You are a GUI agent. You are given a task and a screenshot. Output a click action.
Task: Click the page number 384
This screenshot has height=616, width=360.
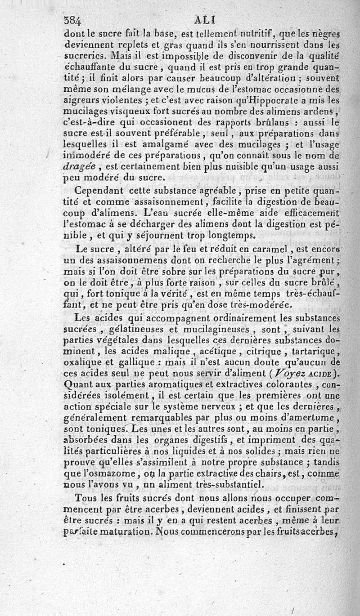click(72, 20)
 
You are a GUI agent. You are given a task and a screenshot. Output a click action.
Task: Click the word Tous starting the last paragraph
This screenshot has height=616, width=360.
click(85, 498)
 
